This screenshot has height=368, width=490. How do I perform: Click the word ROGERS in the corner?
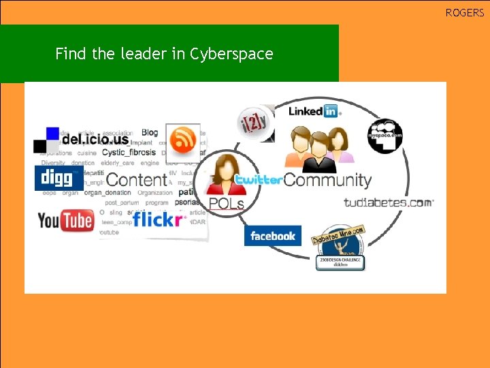point(465,13)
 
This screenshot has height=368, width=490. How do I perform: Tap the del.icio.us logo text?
point(95,140)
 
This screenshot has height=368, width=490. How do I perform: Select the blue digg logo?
point(58,178)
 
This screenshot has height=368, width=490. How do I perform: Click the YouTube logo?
point(65,220)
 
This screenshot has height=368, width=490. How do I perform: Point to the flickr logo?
point(159,219)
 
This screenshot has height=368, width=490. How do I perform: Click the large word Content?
point(137,180)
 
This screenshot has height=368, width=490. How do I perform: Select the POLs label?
point(226,203)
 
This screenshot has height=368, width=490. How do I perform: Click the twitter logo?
point(259,180)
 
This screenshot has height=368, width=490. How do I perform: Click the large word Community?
point(327,180)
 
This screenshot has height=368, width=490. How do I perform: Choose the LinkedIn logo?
point(314,111)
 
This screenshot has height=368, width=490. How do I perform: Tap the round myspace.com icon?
point(385,136)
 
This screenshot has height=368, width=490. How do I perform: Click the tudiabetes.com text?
point(389,202)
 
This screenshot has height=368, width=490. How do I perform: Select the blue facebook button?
point(272,236)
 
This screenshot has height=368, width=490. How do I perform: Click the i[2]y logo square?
point(255,124)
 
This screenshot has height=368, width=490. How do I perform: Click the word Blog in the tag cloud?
point(150,132)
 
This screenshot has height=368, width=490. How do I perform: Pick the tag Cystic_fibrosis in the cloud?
point(129,153)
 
